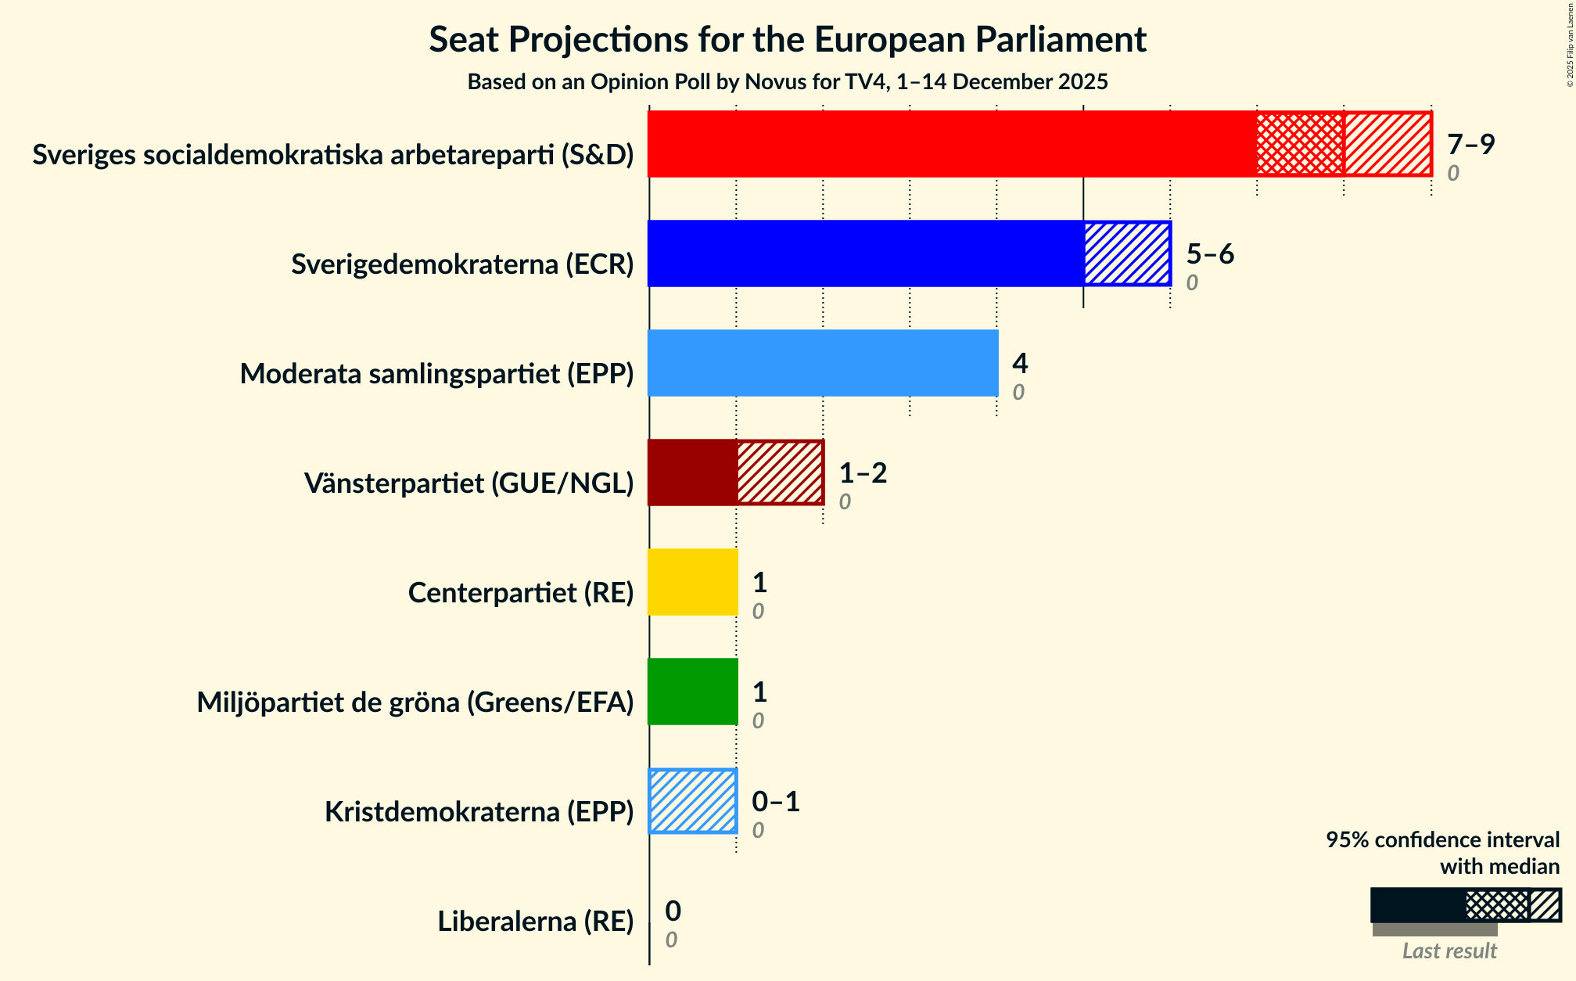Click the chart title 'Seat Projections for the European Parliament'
click(787, 39)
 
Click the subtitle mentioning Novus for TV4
click(787, 82)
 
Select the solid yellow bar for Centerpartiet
click(692, 582)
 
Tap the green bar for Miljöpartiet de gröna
click(692, 692)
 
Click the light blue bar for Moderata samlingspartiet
click(823, 363)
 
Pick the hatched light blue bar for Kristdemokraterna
click(693, 801)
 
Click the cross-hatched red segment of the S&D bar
click(1300, 144)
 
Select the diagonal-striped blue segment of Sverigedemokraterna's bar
click(1127, 253)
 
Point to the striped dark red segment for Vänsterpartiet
click(780, 473)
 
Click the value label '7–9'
click(1470, 145)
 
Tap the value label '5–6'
click(1210, 254)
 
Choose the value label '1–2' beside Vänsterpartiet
click(863, 473)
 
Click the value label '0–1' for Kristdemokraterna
click(776, 802)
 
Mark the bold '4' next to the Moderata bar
click(1020, 364)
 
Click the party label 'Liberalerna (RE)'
click(535, 922)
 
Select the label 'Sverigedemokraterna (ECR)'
click(462, 264)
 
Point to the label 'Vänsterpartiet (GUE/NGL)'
click(468, 483)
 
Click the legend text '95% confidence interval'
click(1442, 840)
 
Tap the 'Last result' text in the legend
click(1449, 950)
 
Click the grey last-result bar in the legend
click(1434, 929)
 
